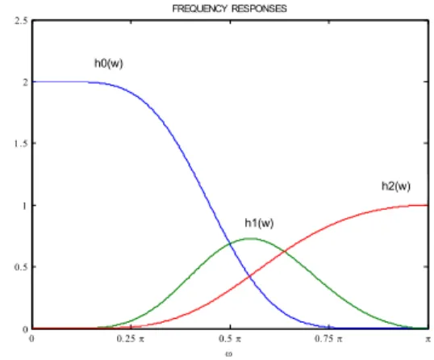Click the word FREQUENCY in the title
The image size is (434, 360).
pos(199,9)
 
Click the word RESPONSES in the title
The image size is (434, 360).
pos(259,9)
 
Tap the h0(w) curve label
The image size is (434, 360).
pos(109,64)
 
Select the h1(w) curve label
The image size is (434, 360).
pos(259,223)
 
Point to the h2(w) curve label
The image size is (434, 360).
pos(396,186)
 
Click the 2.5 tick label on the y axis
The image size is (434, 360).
pos(21,20)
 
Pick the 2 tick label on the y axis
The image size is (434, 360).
pos(26,82)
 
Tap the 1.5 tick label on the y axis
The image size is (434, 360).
pos(21,144)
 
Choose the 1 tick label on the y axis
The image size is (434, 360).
pos(25,206)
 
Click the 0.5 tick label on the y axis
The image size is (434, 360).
pos(21,267)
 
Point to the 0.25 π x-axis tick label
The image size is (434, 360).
pos(131,338)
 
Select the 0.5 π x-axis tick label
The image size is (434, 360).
pos(230,338)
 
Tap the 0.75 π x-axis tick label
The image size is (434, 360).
pos(328,338)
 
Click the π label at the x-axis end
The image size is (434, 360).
pos(428,339)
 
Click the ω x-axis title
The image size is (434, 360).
pos(228,354)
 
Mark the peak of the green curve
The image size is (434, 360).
pos(251,238)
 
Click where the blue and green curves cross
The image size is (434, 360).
pos(230,244)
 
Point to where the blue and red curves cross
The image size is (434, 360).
pos(250,276)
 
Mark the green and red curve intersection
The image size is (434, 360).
pos(284,251)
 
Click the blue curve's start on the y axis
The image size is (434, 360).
pos(32,82)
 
